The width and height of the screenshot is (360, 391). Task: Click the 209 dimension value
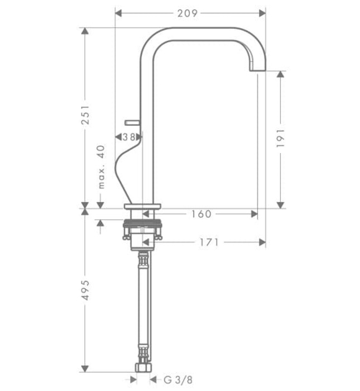(x=188, y=12)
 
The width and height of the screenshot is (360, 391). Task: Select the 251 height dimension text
(x=85, y=116)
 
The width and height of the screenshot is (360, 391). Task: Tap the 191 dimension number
(x=281, y=138)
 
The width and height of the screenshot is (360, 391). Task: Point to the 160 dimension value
(x=201, y=213)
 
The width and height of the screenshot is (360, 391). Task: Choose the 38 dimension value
(x=129, y=136)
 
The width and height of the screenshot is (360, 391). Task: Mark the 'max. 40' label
(x=101, y=166)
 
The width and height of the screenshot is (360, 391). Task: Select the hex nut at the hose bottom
(x=143, y=368)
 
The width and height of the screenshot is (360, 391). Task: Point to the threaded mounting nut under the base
(x=143, y=230)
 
